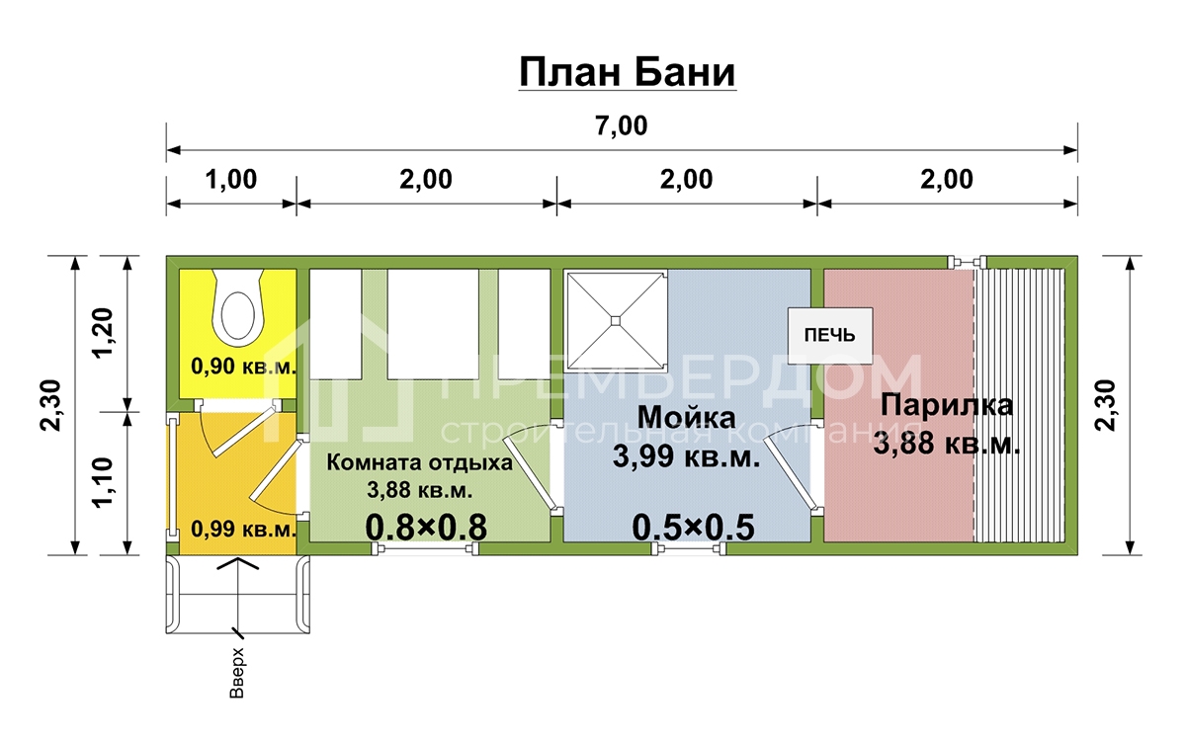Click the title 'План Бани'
pyautogui.click(x=627, y=72)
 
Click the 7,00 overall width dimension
pyautogui.click(x=621, y=126)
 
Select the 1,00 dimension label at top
pyautogui.click(x=231, y=180)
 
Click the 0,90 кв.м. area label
pyautogui.click(x=243, y=366)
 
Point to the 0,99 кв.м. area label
pyautogui.click(x=243, y=529)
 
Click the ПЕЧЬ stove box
pyautogui.click(x=829, y=336)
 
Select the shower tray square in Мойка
pyautogui.click(x=615, y=321)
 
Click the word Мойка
pyautogui.click(x=686, y=417)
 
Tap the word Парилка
pyautogui.click(x=947, y=406)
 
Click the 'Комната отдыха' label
pyautogui.click(x=419, y=462)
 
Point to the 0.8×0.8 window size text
pyautogui.click(x=426, y=528)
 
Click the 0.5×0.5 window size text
pyautogui.click(x=694, y=528)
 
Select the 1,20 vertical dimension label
pyautogui.click(x=103, y=333)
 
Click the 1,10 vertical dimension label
pyautogui.click(x=103, y=483)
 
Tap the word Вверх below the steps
pyautogui.click(x=236, y=672)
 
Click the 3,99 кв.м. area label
pyautogui.click(x=686, y=456)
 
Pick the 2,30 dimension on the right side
pyautogui.click(x=1106, y=405)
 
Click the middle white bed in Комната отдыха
pyautogui.click(x=433, y=324)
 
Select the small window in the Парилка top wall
pyautogui.click(x=967, y=262)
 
